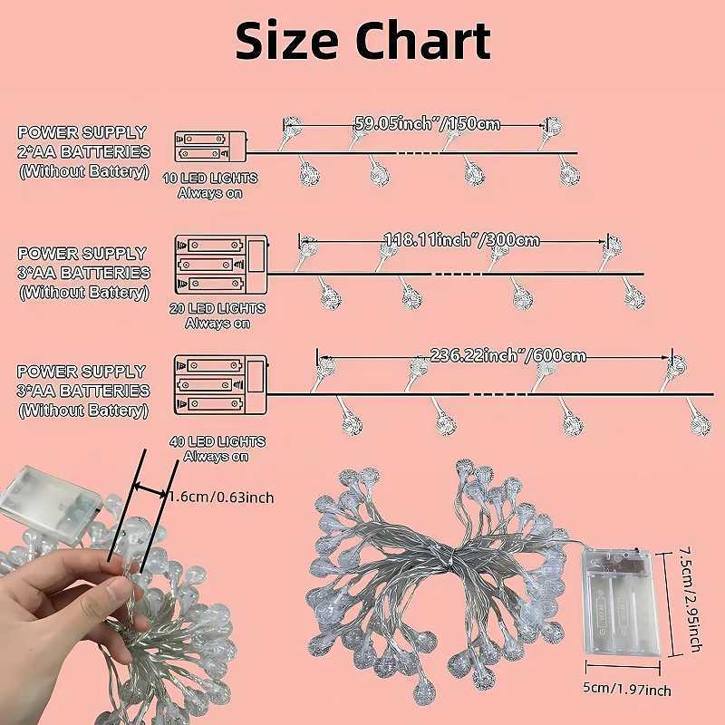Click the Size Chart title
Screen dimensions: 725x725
362,41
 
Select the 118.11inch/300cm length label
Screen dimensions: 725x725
461,240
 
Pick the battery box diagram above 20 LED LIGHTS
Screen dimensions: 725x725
220,264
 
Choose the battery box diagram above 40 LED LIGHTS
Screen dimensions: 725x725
220,384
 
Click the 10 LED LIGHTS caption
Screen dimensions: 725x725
210,178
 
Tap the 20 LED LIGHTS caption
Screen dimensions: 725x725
217,308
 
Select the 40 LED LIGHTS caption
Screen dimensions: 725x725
217,441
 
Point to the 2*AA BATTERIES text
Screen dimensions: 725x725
83,151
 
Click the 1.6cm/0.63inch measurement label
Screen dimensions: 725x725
221,497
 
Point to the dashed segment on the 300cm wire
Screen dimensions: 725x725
453,273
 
